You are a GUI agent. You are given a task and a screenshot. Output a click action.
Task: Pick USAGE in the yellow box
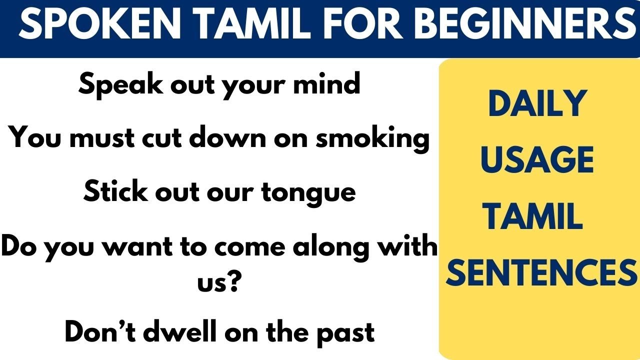(537, 160)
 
